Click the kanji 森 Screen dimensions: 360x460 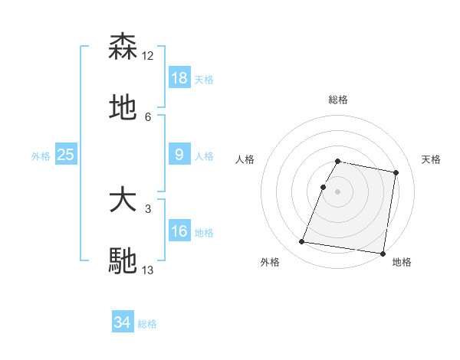(x=123, y=47)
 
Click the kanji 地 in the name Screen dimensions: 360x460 (x=123, y=107)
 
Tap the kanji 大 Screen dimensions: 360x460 (x=123, y=201)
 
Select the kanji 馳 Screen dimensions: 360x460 (x=123, y=260)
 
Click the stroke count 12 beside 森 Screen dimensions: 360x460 (x=148, y=56)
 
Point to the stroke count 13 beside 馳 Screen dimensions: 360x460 (x=148, y=270)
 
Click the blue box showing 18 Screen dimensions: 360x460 (x=179, y=78)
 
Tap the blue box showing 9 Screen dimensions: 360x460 (x=179, y=155)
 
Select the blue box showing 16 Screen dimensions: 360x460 (x=179, y=231)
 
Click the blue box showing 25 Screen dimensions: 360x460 (x=66, y=155)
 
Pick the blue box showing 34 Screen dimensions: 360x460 (x=123, y=322)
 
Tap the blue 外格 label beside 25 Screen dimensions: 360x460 (x=41, y=156)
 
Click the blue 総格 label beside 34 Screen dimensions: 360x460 (x=147, y=324)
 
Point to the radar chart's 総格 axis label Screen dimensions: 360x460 (x=338, y=100)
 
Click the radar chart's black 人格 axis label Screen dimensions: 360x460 (x=245, y=159)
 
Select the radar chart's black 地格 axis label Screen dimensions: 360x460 (x=402, y=263)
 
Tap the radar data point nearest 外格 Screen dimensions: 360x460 (x=301, y=242)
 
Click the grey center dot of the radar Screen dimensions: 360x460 (x=338, y=191)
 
